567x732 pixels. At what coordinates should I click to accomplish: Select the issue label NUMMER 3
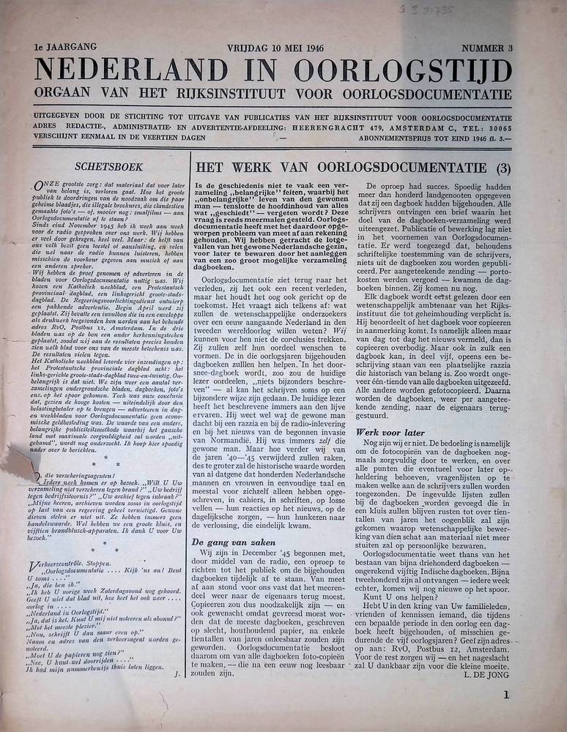pyautogui.click(x=486, y=49)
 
